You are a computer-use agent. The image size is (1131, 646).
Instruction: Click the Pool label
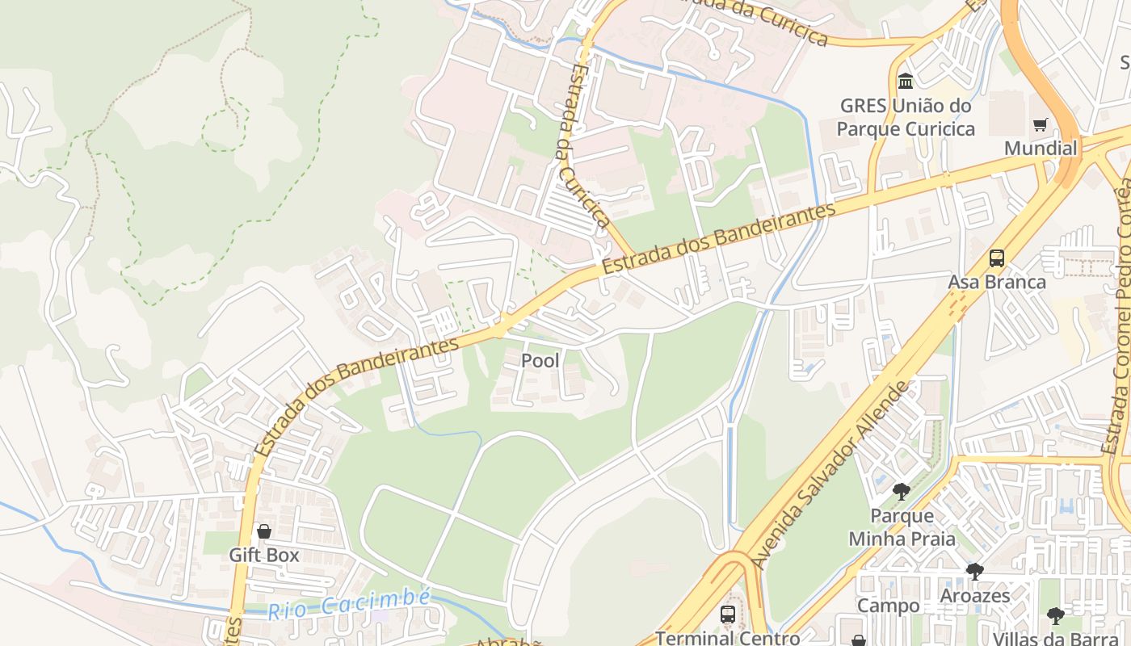(x=540, y=360)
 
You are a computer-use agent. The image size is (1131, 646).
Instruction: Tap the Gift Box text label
(x=263, y=556)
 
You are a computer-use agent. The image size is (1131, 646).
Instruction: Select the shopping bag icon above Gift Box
(x=263, y=531)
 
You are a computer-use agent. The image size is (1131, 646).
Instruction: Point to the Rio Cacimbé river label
(x=349, y=603)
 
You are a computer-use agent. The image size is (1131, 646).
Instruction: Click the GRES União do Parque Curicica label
(x=905, y=117)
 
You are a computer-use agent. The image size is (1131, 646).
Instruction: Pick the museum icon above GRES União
(x=906, y=82)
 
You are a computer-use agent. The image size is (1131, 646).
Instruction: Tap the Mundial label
(x=1041, y=149)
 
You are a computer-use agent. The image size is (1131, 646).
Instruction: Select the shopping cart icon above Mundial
(x=1041, y=125)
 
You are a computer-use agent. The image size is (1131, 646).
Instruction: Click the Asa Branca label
(x=997, y=282)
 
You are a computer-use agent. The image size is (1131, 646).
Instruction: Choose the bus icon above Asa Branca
(x=997, y=258)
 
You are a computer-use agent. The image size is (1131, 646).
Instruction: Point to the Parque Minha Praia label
(x=902, y=527)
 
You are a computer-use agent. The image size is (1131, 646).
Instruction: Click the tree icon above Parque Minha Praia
(x=901, y=492)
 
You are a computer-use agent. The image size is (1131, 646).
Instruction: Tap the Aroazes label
(x=974, y=596)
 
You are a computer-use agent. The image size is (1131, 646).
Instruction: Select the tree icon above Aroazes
(x=974, y=572)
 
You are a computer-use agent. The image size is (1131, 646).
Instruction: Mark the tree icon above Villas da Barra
(x=1055, y=616)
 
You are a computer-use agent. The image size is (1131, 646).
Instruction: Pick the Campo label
(x=888, y=606)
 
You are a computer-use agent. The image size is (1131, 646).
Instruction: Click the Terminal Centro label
(x=727, y=638)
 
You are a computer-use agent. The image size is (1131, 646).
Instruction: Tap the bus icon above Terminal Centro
(x=728, y=615)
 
